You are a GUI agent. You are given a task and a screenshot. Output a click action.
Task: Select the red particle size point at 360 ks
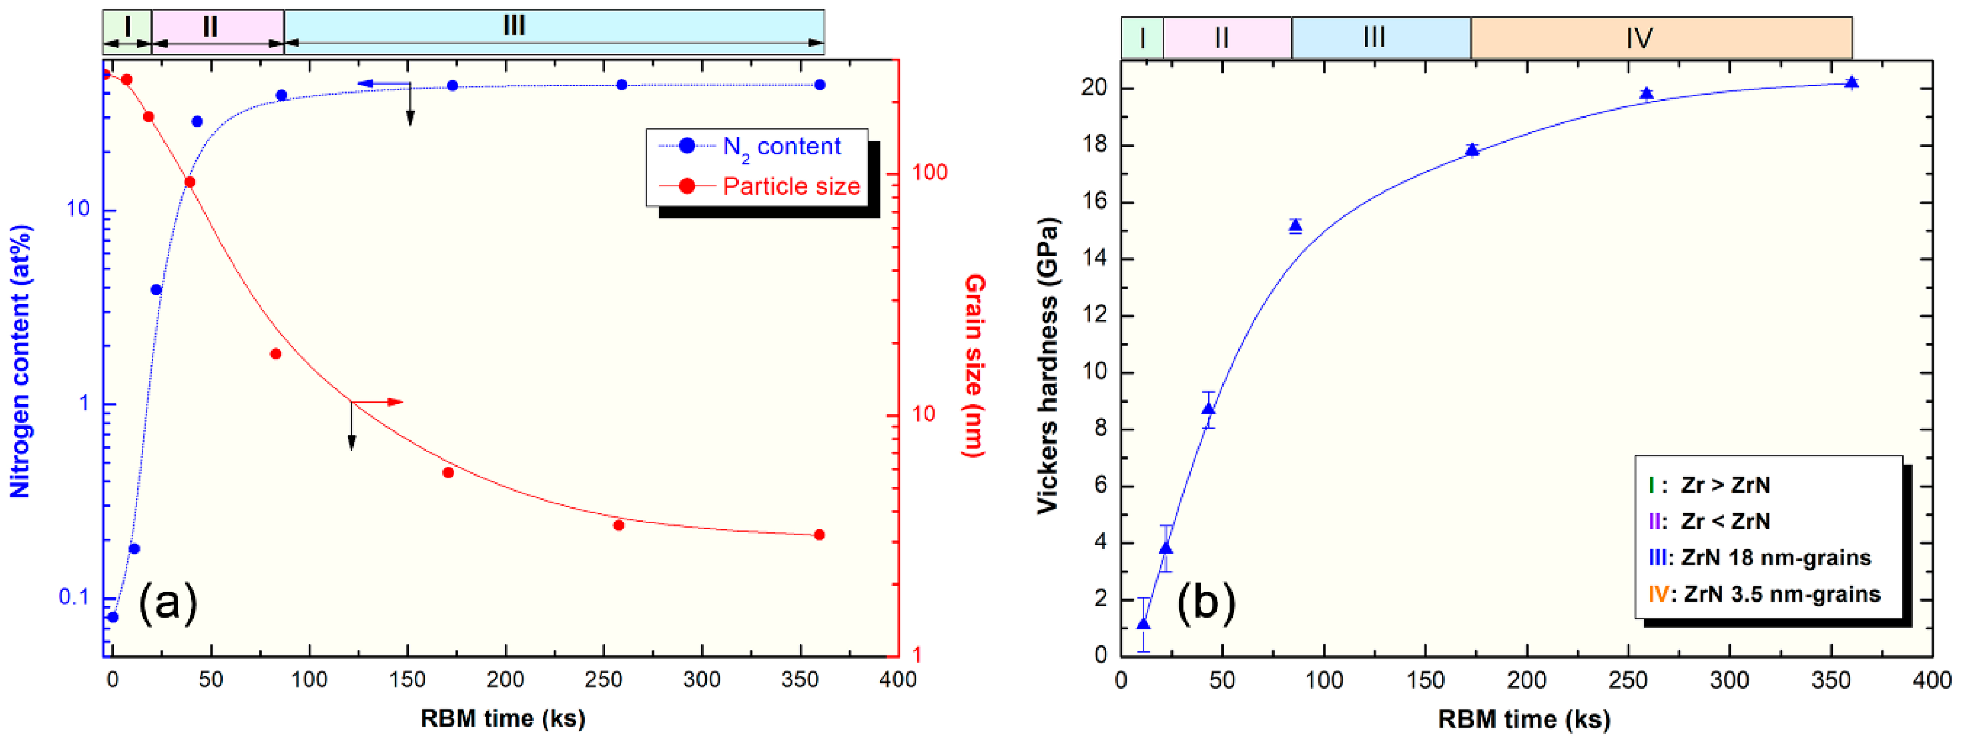(819, 535)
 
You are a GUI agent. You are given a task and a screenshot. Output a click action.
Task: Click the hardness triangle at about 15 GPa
(1295, 226)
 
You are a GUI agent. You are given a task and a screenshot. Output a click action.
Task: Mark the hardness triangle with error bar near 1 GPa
(1143, 624)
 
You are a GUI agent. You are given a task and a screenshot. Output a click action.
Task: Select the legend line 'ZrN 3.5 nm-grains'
(1765, 594)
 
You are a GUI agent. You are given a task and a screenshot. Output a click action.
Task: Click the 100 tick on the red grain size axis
(930, 173)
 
